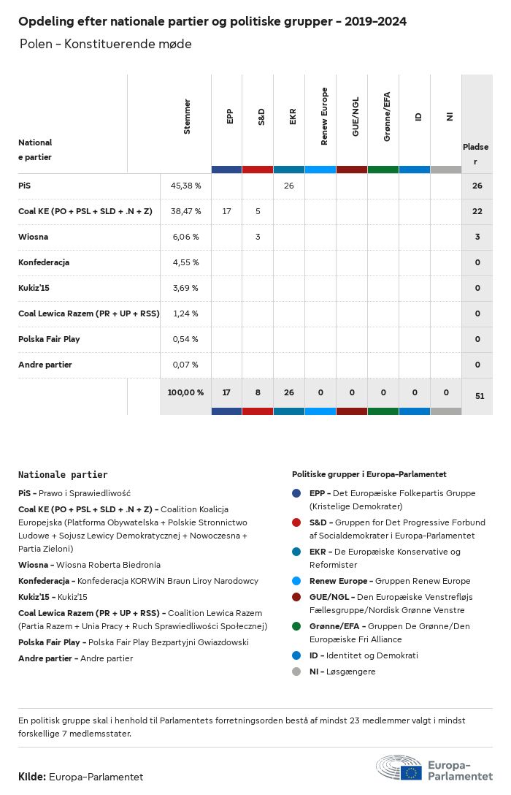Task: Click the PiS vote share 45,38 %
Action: click(x=185, y=186)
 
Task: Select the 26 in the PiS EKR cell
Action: click(x=289, y=186)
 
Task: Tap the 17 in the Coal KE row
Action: click(x=226, y=211)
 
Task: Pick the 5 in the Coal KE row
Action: click(x=258, y=211)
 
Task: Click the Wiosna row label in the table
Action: click(x=34, y=237)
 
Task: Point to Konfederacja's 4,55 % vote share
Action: click(x=185, y=262)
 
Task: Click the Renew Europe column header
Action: click(x=325, y=116)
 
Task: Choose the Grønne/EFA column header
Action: click(x=387, y=117)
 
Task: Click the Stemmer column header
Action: click(x=187, y=116)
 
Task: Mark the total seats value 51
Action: click(x=480, y=396)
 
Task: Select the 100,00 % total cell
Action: click(x=185, y=392)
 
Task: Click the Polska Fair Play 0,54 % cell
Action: click(x=185, y=339)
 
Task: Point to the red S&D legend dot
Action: click(x=297, y=522)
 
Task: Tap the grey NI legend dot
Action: click(x=297, y=672)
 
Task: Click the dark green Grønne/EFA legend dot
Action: click(x=297, y=626)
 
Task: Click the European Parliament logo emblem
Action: click(x=399, y=769)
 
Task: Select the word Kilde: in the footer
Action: click(x=32, y=777)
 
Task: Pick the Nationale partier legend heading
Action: click(x=63, y=474)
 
